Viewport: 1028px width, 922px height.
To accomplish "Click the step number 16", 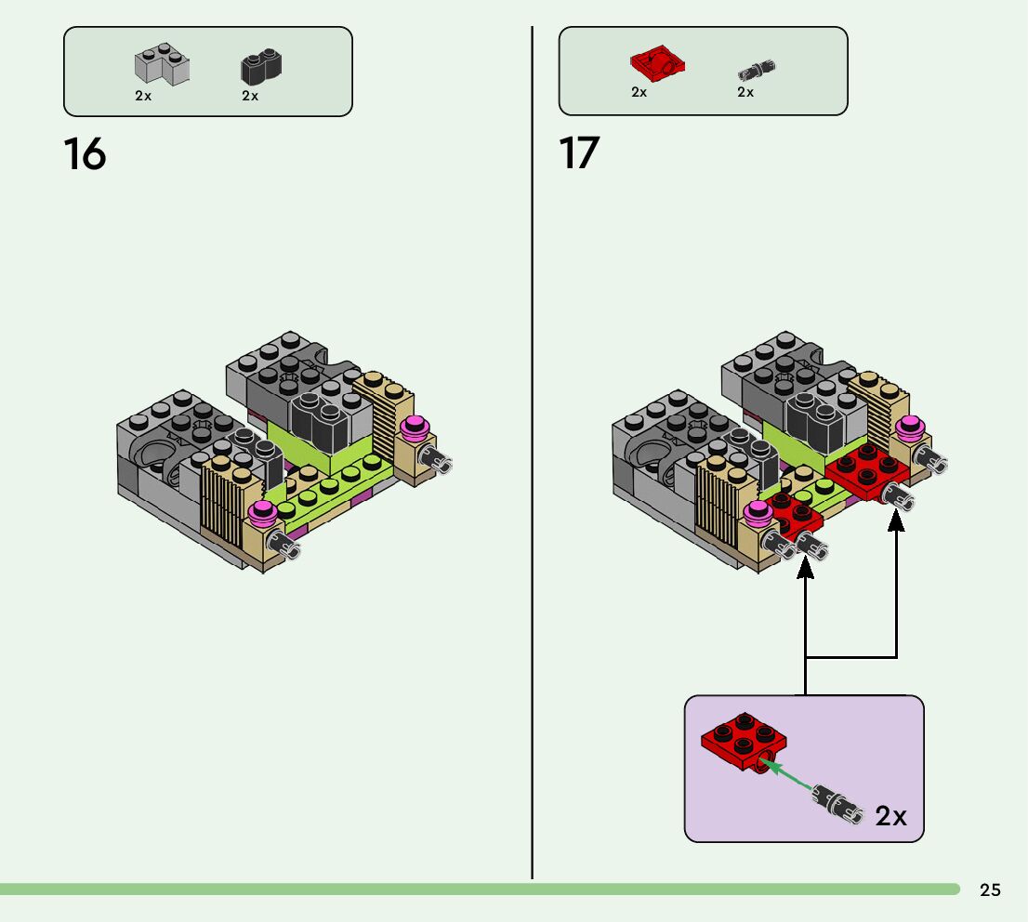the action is pos(85,155).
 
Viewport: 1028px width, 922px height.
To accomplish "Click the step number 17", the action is pos(579,153).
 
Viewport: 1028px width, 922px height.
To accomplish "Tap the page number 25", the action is pos(990,889).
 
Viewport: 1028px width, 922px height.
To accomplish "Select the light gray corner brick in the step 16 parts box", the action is pos(162,64).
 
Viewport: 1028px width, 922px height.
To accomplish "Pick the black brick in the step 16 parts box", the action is pos(261,66).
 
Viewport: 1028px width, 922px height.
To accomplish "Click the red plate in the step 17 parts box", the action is pos(657,63).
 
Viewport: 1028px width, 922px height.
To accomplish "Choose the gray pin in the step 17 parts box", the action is pos(757,70).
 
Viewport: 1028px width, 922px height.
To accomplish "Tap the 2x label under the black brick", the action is pos(250,96).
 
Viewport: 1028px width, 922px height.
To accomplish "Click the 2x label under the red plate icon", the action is pos(639,92).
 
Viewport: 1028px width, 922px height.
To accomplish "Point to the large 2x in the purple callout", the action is pos(891,816).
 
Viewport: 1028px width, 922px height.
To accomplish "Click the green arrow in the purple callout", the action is pos(789,775).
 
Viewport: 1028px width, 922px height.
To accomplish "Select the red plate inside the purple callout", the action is pos(744,743).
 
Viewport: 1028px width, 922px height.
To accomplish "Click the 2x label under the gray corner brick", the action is pos(143,96).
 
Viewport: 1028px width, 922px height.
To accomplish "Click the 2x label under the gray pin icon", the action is pos(745,92).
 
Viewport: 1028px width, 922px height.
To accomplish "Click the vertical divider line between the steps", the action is pos(532,453).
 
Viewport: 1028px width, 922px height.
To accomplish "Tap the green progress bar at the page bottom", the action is pos(480,889).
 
